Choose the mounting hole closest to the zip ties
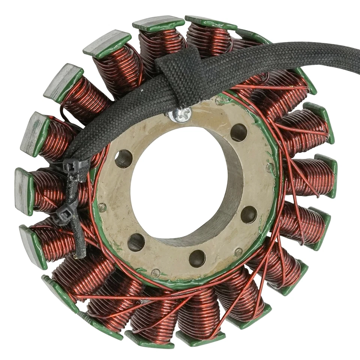tap(123, 159)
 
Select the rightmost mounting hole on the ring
tap(249, 214)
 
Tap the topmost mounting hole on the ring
tap(238, 132)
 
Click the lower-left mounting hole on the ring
tap(136, 242)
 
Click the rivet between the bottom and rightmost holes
tap(238, 252)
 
